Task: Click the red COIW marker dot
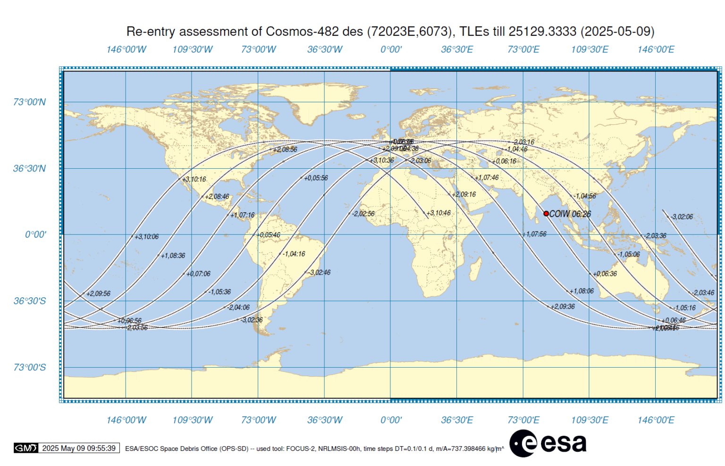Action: [546, 214]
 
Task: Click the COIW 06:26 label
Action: [570, 214]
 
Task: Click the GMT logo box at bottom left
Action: [25, 448]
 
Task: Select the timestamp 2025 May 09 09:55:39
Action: [79, 448]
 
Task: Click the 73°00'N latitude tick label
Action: [29, 102]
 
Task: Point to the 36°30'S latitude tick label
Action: [29, 301]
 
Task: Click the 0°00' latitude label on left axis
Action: [35, 235]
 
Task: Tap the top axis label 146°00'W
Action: [126, 50]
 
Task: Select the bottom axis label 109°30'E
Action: [589, 420]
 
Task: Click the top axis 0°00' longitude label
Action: [391, 50]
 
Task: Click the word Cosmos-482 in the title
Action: [302, 32]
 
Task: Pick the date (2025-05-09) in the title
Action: [617, 32]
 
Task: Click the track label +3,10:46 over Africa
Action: [438, 213]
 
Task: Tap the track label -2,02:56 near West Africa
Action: [363, 214]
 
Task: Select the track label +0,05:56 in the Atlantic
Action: [316, 178]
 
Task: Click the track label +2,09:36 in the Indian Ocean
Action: [563, 307]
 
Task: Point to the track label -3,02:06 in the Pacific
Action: [682, 217]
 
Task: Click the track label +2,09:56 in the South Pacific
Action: [98, 293]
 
